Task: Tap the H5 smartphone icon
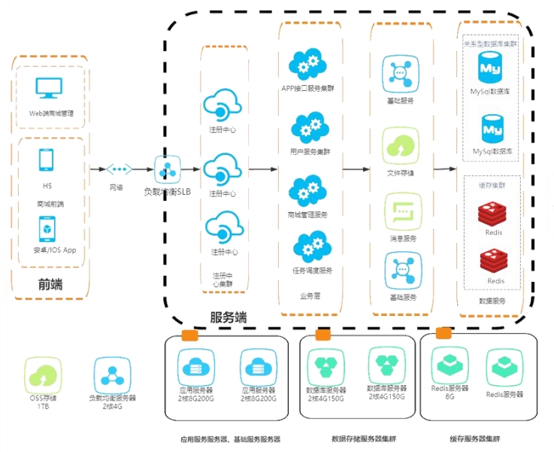pyautogui.click(x=47, y=160)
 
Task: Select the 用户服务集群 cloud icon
pyautogui.click(x=307, y=129)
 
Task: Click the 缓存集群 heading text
pyautogui.click(x=490, y=184)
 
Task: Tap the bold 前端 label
pyautogui.click(x=50, y=284)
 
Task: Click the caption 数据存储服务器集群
pyautogui.click(x=358, y=438)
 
